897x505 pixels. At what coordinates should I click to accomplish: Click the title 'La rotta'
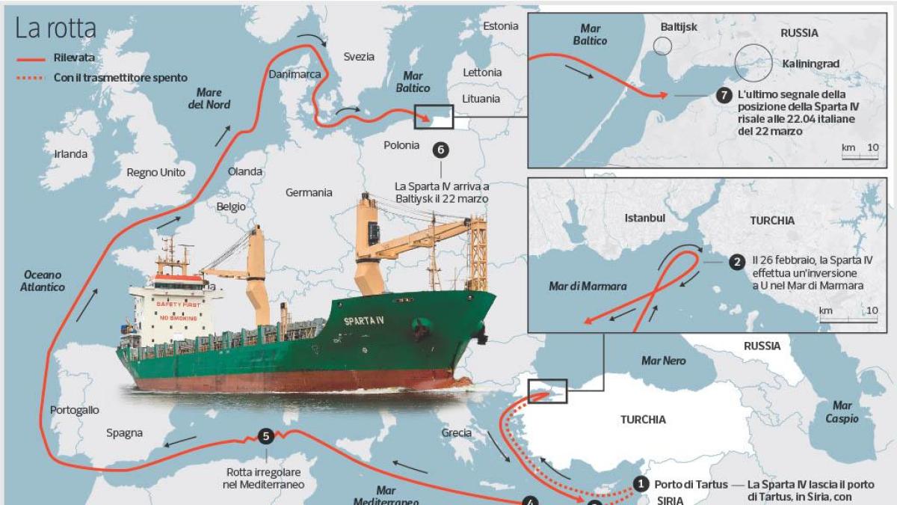coord(56,28)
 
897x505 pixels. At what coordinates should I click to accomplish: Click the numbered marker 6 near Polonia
coord(440,149)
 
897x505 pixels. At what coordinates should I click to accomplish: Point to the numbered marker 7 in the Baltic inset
coord(722,96)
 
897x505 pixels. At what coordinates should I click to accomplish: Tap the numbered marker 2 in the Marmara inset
coord(737,262)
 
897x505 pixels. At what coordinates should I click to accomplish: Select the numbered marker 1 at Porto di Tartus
coord(641,484)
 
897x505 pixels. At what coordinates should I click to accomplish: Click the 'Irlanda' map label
coord(71,154)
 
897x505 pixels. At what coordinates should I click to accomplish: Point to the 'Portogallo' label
coord(74,410)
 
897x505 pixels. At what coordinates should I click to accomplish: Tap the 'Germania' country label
coord(309,192)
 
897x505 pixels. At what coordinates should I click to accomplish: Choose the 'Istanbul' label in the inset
coord(644,218)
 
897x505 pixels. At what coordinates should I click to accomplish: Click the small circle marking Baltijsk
coord(662,46)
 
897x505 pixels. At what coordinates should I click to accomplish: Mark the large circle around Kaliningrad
coord(753,62)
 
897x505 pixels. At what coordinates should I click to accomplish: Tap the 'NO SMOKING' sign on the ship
coord(177,319)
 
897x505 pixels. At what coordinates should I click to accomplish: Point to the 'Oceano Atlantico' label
coord(43,281)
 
